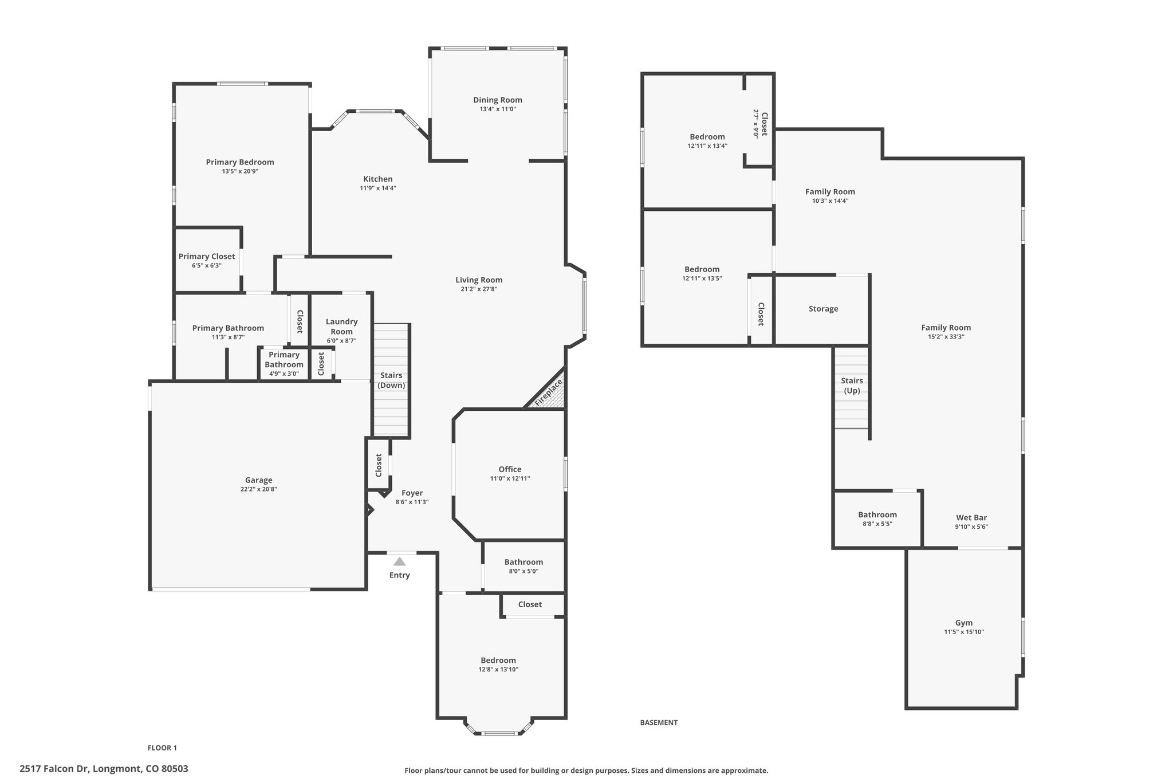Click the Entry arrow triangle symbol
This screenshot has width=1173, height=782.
tap(400, 561)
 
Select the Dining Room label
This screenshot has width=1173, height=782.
tap(498, 100)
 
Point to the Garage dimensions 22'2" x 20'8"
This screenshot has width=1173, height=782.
tap(259, 489)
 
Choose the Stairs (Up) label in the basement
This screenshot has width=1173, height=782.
tap(852, 386)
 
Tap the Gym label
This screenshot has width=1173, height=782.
tap(964, 623)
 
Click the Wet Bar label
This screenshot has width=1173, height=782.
tap(971, 517)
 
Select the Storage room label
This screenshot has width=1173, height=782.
tap(824, 309)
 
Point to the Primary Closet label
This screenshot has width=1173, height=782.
tap(207, 256)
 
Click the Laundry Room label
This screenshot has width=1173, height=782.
tap(341, 327)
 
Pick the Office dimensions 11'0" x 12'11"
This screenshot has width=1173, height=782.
tap(510, 478)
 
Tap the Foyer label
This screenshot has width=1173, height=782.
tap(412, 493)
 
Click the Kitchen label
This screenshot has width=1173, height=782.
tap(378, 179)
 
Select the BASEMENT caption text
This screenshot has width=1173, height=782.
tap(659, 722)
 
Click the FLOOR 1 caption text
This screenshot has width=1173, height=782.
tap(163, 748)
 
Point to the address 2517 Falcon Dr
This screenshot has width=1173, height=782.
tap(54, 769)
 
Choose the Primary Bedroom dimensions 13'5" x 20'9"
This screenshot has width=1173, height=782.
tap(240, 171)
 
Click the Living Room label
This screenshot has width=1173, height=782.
tap(479, 280)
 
